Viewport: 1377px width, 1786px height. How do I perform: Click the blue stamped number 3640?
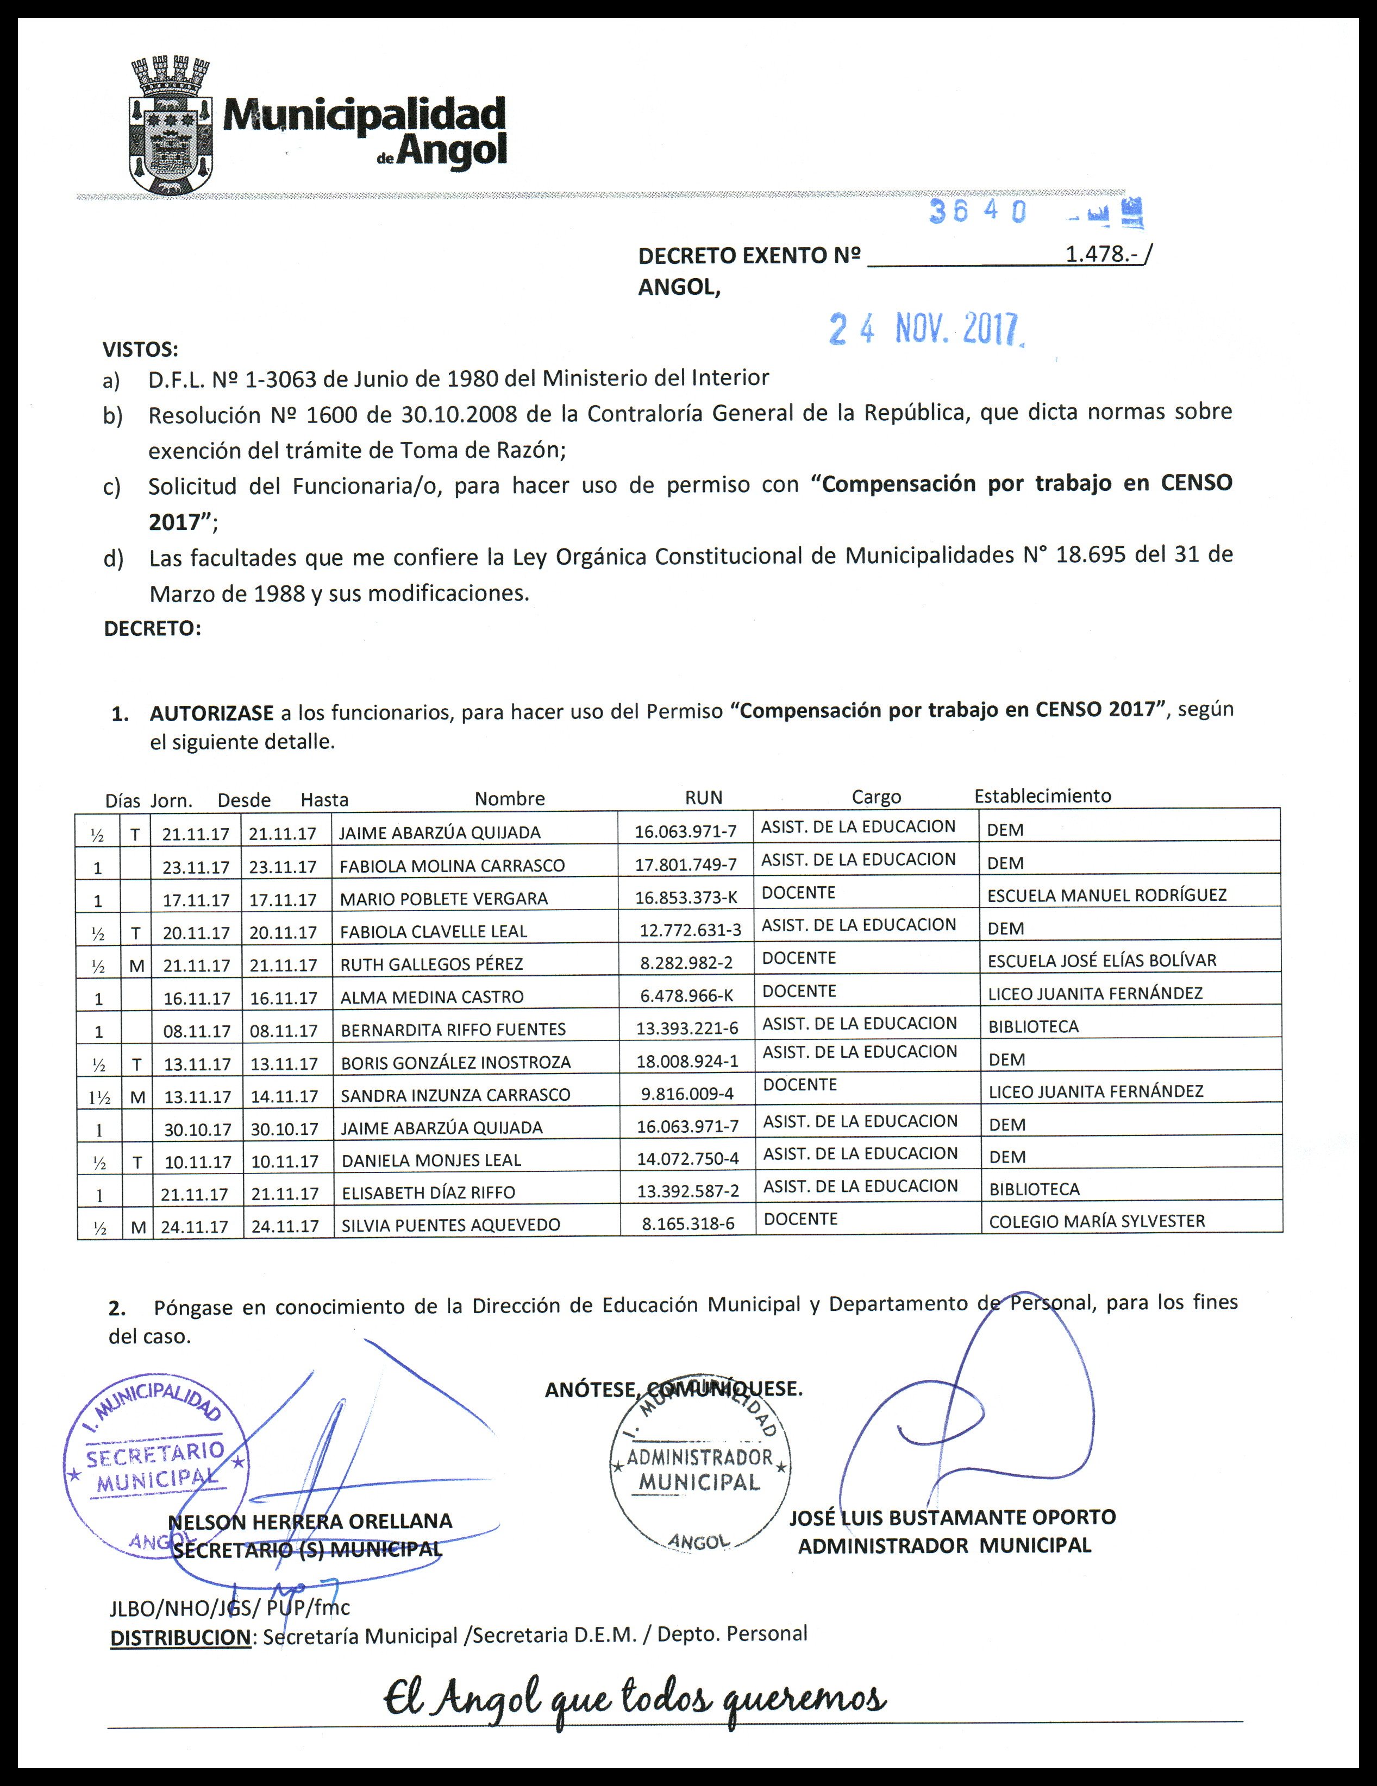pyautogui.click(x=978, y=212)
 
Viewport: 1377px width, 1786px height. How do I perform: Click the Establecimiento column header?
pyautogui.click(x=1042, y=796)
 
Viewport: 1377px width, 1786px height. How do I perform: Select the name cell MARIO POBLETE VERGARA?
pyautogui.click(x=443, y=899)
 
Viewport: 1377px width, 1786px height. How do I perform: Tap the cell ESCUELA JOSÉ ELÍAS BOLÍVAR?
pyautogui.click(x=1101, y=960)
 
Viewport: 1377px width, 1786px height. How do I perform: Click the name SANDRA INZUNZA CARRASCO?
pyautogui.click(x=455, y=1095)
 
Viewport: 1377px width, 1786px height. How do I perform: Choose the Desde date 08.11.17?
pyautogui.click(x=196, y=1031)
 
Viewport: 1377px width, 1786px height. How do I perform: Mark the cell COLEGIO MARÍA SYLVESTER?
pyautogui.click(x=1097, y=1221)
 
